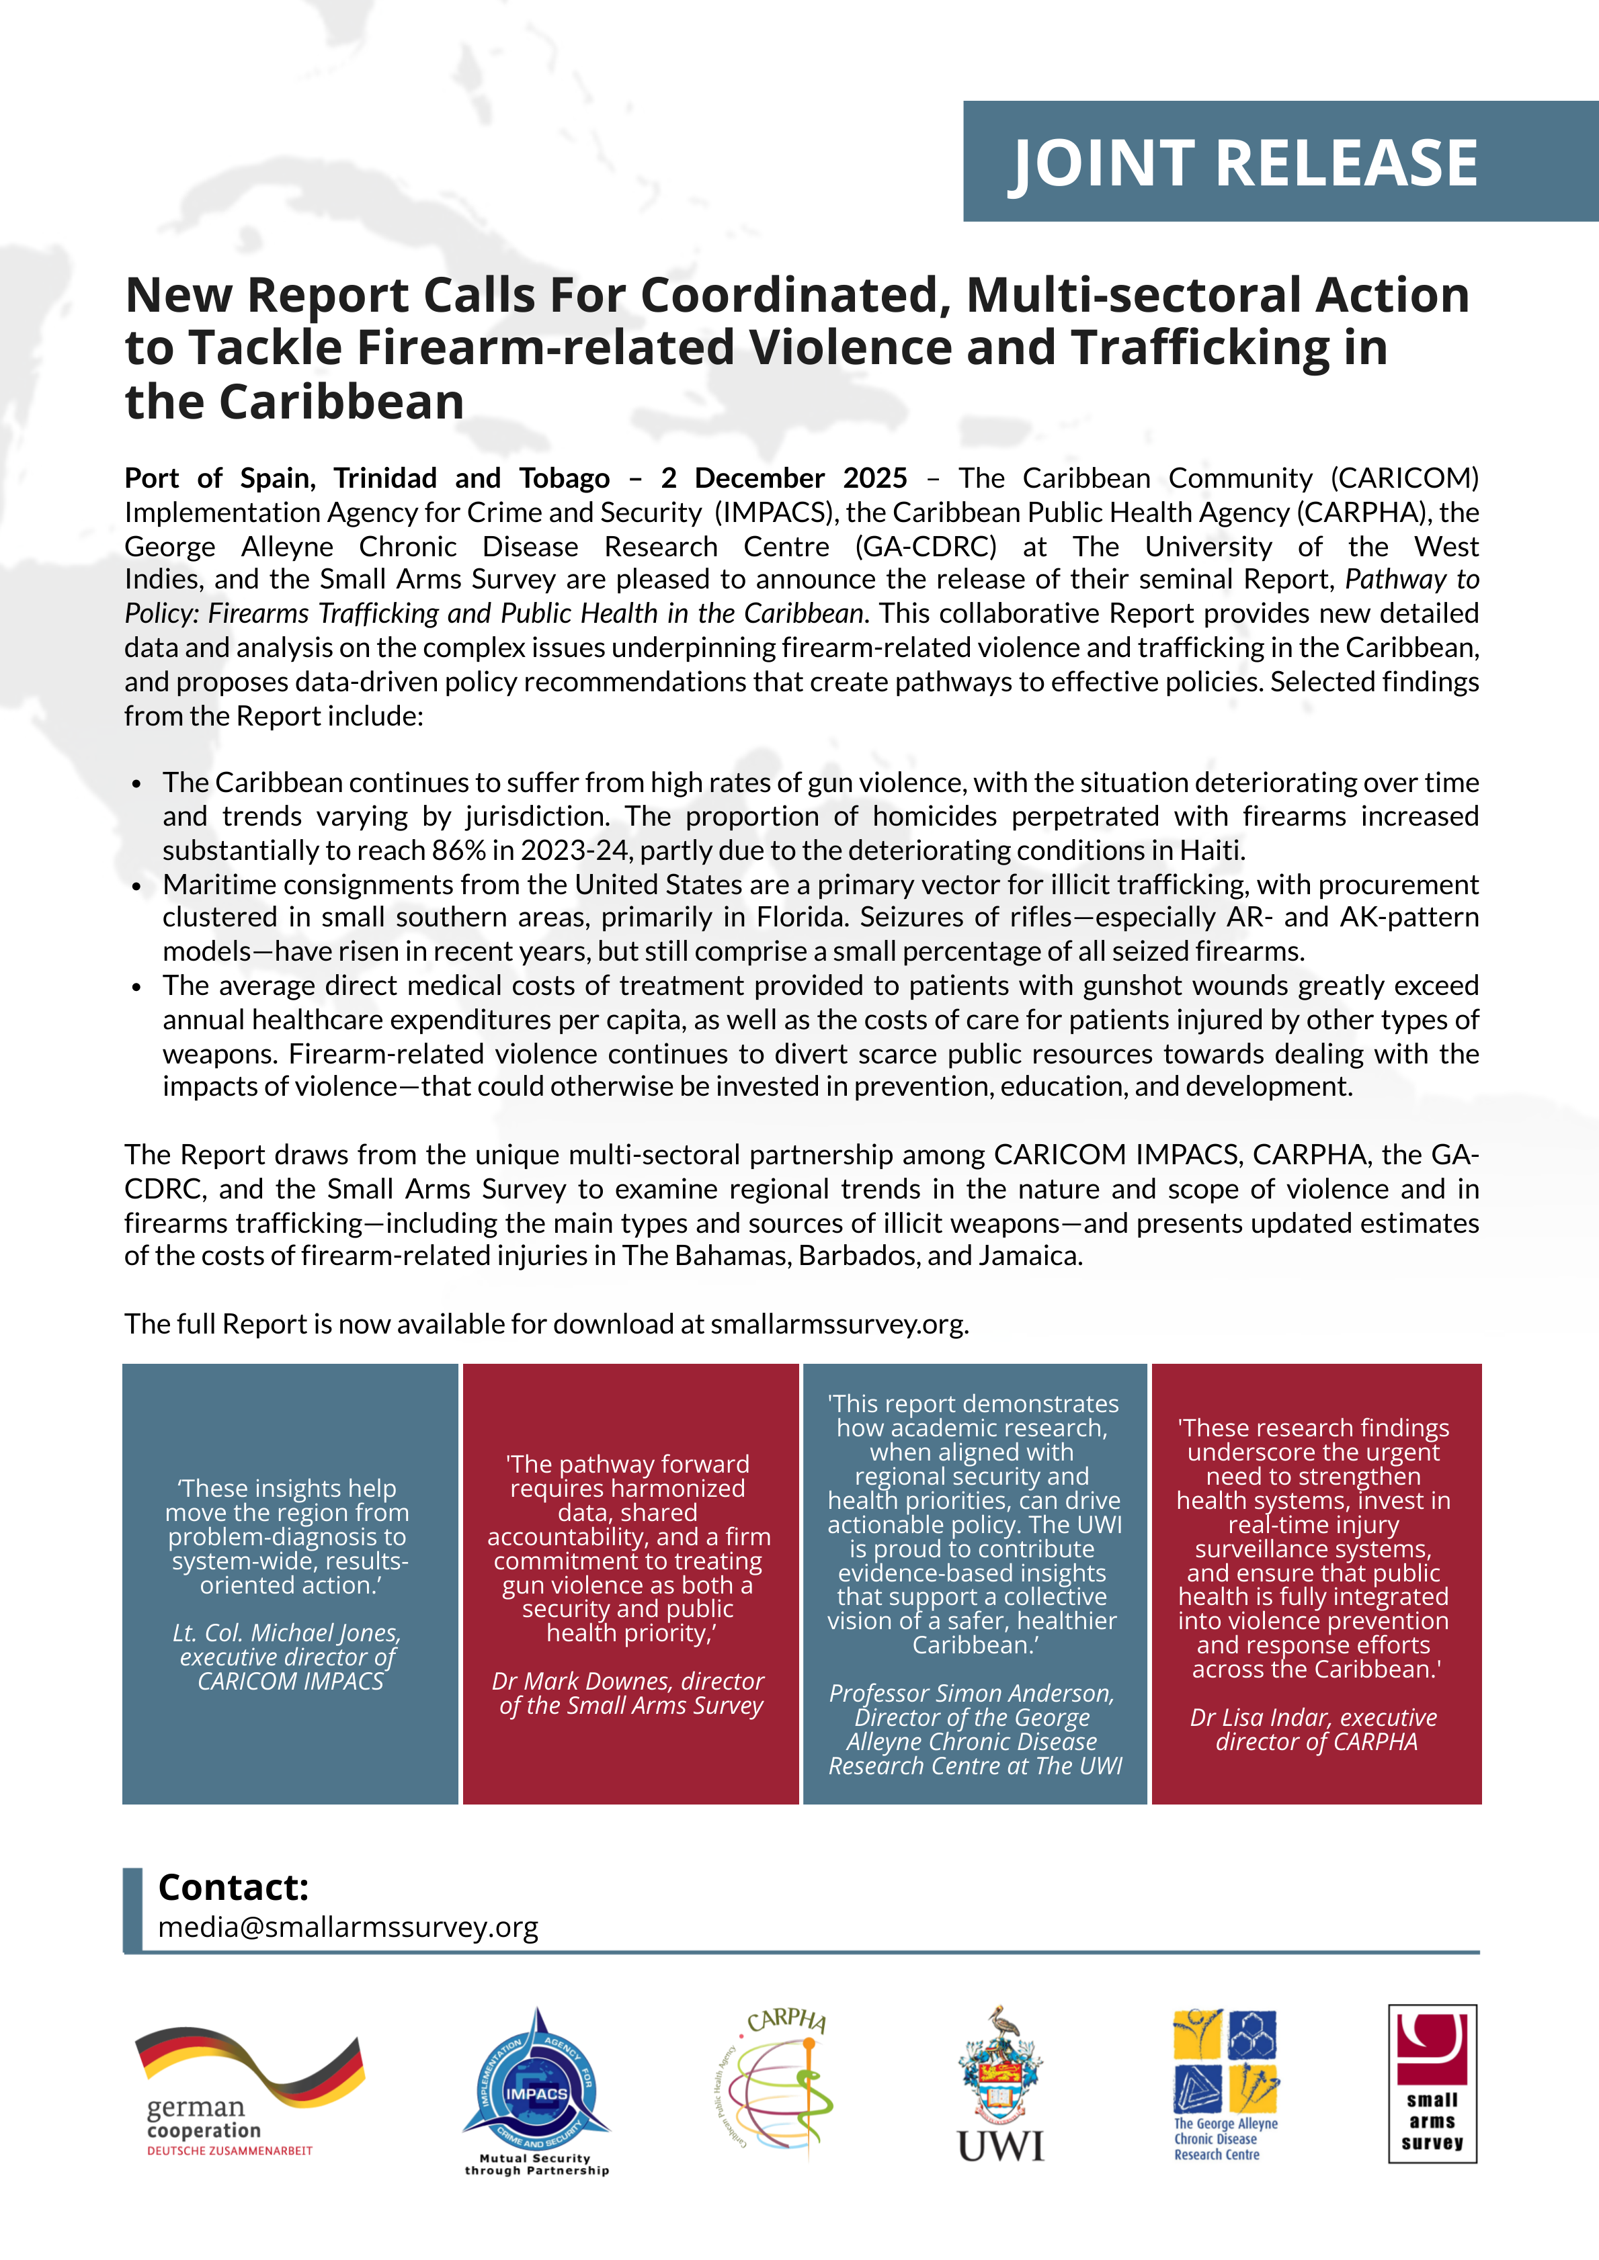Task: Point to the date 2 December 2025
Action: pyautogui.click(x=784, y=478)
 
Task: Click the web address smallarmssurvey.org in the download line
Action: pyautogui.click(x=839, y=1324)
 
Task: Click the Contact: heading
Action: pyautogui.click(x=233, y=1887)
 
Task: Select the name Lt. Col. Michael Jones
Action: pyautogui.click(x=286, y=1633)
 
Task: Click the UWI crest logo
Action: pyautogui.click(x=1000, y=2085)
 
